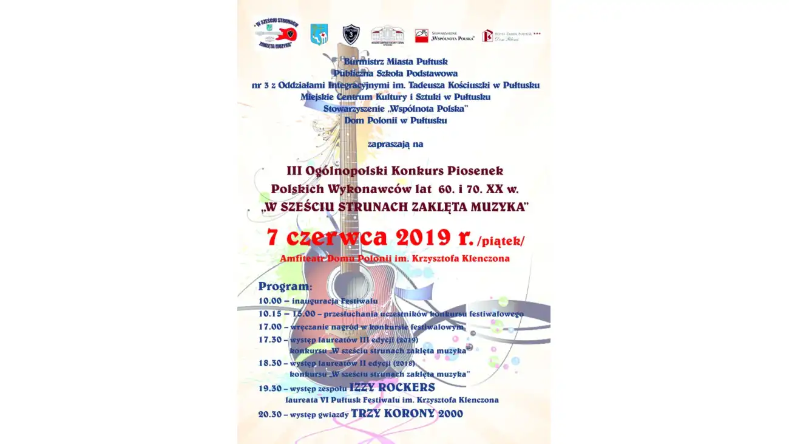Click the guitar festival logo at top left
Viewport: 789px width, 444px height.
tap(276, 33)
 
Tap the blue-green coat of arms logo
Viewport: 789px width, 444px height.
tap(319, 35)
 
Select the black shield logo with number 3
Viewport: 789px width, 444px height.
tap(351, 34)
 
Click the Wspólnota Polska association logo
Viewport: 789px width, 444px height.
tap(444, 36)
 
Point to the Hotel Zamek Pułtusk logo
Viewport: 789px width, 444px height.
tap(511, 36)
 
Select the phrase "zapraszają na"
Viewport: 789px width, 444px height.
tap(395, 145)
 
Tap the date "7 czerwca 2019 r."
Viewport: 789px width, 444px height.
tap(370, 237)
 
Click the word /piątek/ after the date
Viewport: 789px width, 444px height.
tap(501, 241)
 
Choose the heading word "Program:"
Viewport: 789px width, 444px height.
tap(285, 286)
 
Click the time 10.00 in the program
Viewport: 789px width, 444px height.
tap(269, 301)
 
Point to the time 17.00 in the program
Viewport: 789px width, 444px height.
tap(269, 327)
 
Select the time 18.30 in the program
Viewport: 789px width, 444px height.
tap(269, 363)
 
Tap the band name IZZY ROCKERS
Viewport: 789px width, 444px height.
tap(392, 387)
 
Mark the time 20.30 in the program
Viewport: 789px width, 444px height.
tap(269, 414)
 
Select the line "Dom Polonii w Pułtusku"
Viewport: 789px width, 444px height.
tap(395, 120)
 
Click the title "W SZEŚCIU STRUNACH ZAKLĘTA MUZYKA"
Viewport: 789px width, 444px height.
tap(395, 207)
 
